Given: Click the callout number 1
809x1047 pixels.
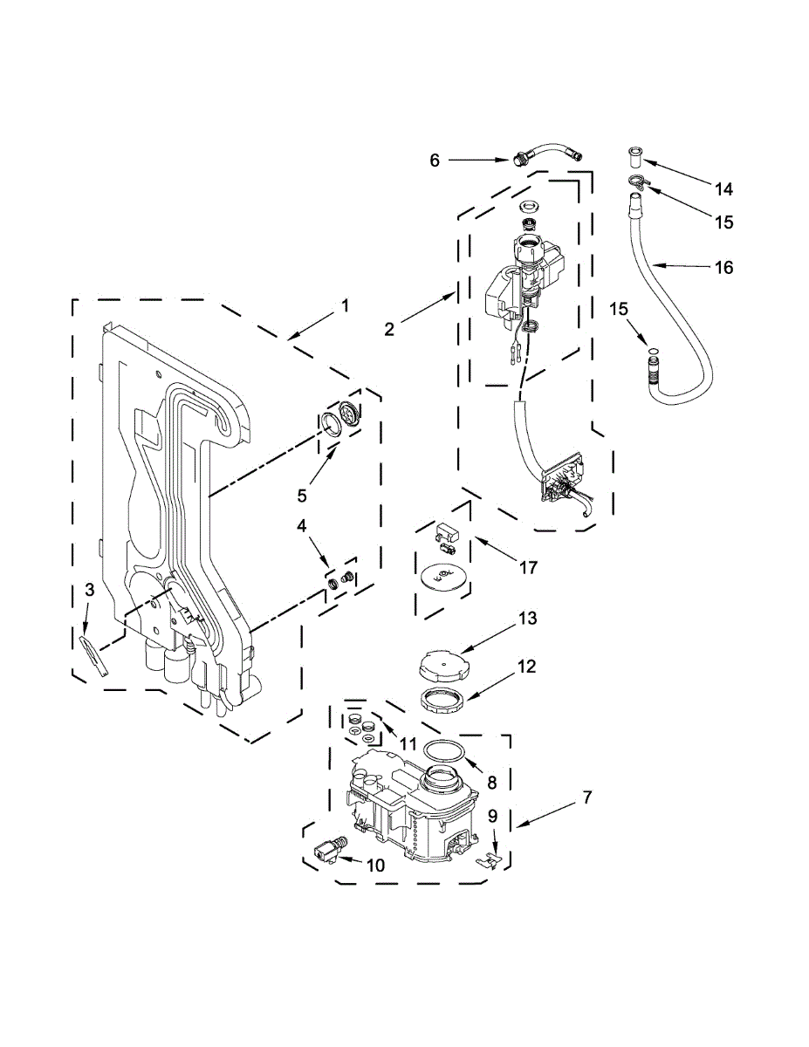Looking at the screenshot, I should pyautogui.click(x=345, y=305).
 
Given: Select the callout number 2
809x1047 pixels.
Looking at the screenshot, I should pyautogui.click(x=389, y=329).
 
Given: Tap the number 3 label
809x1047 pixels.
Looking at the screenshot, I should pyautogui.click(x=89, y=591).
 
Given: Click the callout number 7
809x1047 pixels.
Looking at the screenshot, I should pyautogui.click(x=587, y=797).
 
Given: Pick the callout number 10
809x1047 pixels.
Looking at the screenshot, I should pyautogui.click(x=375, y=866).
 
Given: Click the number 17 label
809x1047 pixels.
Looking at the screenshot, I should pyautogui.click(x=527, y=567).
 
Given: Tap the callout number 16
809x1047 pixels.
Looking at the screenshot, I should pyautogui.click(x=724, y=267).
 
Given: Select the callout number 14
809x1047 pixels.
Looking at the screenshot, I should pyautogui.click(x=723, y=188).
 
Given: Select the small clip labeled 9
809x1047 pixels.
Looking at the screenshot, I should pyautogui.click(x=490, y=860).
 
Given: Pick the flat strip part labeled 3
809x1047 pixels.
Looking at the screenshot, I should pyautogui.click(x=95, y=654).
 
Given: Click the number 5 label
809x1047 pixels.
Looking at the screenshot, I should pyautogui.click(x=302, y=495).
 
